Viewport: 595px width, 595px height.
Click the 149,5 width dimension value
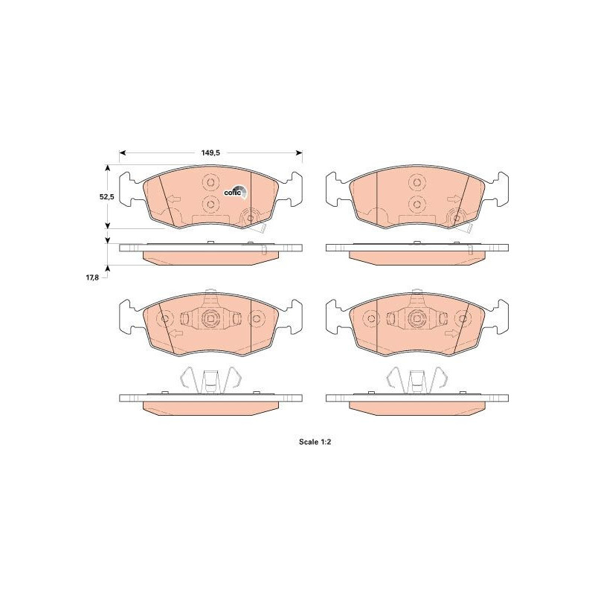click(x=210, y=153)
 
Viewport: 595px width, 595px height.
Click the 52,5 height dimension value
click(x=106, y=196)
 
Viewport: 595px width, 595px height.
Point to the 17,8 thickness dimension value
click(x=92, y=277)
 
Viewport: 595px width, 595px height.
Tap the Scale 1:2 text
click(x=315, y=442)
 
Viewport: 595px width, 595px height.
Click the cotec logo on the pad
click(x=235, y=192)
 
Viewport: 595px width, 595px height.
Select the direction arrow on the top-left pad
click(x=174, y=199)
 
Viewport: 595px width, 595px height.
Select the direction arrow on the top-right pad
click(x=454, y=199)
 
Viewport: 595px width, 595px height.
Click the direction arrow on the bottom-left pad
click(x=176, y=333)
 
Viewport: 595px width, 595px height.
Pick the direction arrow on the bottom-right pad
click(x=452, y=333)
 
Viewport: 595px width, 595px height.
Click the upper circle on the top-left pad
click(x=210, y=182)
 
